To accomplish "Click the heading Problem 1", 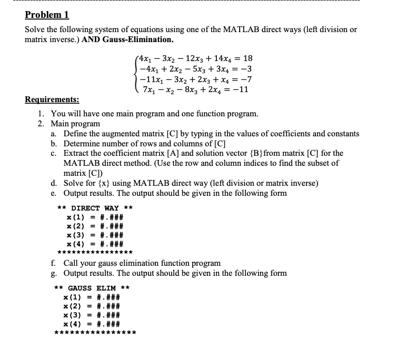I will (47, 14).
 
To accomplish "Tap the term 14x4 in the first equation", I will (218, 58).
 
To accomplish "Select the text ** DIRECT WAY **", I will (94, 208).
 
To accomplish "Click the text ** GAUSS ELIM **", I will (93, 288).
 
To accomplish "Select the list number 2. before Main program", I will (41, 124).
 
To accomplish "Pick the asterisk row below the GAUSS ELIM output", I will (95, 333).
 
